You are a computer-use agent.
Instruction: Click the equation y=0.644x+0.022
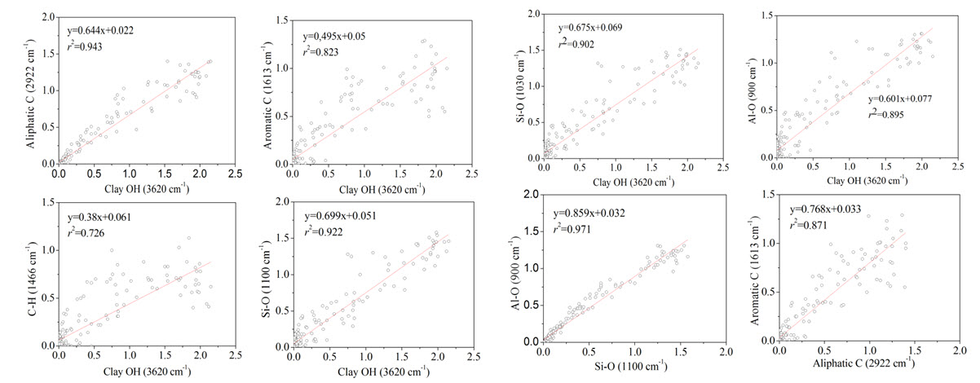click(100, 30)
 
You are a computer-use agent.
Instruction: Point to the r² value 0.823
click(322, 52)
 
